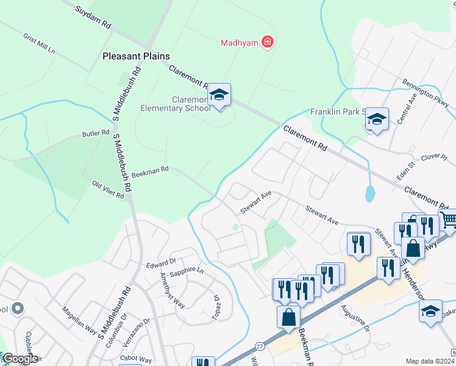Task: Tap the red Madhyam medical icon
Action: [x=266, y=42]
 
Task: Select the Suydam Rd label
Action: [x=93, y=17]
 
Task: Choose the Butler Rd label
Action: [x=96, y=133]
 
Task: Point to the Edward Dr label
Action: [x=161, y=264]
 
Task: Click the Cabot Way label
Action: [x=136, y=359]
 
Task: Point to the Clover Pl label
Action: [x=434, y=156]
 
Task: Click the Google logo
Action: [x=20, y=359]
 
